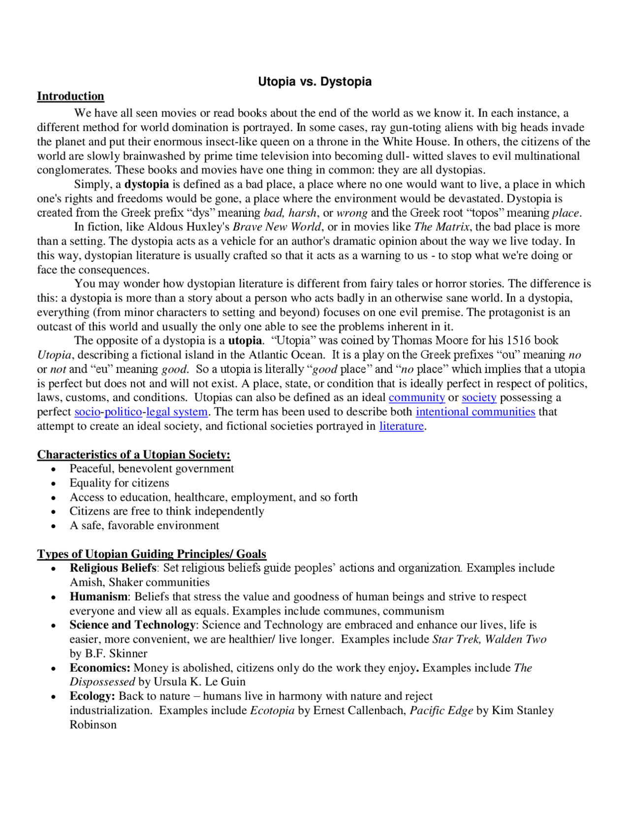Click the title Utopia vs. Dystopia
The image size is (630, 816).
(315, 82)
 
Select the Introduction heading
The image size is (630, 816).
(70, 96)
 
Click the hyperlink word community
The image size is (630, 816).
(416, 398)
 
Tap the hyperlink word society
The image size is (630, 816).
(479, 398)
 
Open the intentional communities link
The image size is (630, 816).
(475, 412)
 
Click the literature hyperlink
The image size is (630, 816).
(401, 426)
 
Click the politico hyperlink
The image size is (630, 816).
(123, 412)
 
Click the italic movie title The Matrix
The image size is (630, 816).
(441, 227)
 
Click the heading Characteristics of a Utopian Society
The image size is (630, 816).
(133, 455)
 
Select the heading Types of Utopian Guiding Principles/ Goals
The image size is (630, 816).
(152, 554)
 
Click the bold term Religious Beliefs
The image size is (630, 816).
(113, 568)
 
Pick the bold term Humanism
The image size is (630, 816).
(98, 597)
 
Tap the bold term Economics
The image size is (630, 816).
(99, 668)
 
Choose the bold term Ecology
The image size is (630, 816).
(92, 696)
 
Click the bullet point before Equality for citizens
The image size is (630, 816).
(54, 484)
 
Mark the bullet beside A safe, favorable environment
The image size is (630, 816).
(54, 526)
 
